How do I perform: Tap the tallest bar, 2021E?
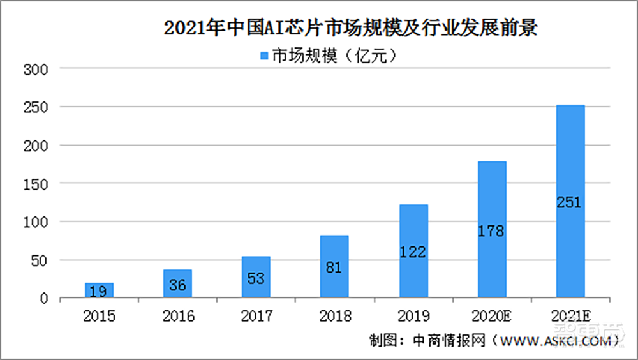click(570, 201)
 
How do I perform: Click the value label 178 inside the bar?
click(491, 231)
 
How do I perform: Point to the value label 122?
click(413, 252)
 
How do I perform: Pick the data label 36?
click(177, 285)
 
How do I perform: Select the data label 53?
click(256, 279)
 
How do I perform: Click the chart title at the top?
click(350, 29)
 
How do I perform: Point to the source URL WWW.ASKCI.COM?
click(551, 341)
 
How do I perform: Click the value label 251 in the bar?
click(570, 203)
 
